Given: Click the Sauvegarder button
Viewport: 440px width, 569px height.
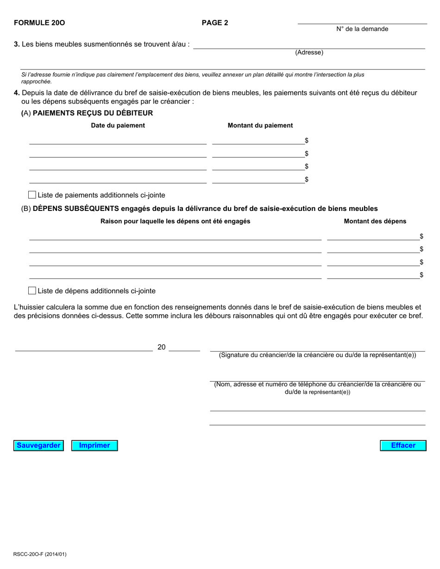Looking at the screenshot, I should tap(38, 445).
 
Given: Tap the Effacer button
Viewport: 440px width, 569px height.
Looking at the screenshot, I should tap(403, 445).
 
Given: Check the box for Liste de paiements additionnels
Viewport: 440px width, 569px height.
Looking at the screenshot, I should tap(32, 195).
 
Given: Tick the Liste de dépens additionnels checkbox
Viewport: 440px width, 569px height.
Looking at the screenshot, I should tap(32, 291).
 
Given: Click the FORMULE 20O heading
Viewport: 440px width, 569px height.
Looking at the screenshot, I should tap(39, 23).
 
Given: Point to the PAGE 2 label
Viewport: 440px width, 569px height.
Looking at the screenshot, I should tap(215, 23).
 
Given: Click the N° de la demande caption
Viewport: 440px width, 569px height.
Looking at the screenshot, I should tap(362, 29).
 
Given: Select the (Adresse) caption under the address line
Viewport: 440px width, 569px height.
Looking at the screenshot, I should tap(309, 52).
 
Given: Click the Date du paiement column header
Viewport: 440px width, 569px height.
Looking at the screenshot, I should tap(118, 125).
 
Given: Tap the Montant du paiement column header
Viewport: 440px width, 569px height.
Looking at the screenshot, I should tap(260, 125).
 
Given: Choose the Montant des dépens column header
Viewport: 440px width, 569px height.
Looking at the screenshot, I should tap(375, 221).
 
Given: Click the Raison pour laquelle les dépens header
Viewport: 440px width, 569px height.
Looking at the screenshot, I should tap(175, 221).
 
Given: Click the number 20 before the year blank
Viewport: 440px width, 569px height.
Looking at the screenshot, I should tap(162, 347).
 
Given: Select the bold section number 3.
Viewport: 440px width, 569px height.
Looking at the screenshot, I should tap(17, 44).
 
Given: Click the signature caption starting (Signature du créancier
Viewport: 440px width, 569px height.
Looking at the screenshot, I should tap(317, 355).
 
